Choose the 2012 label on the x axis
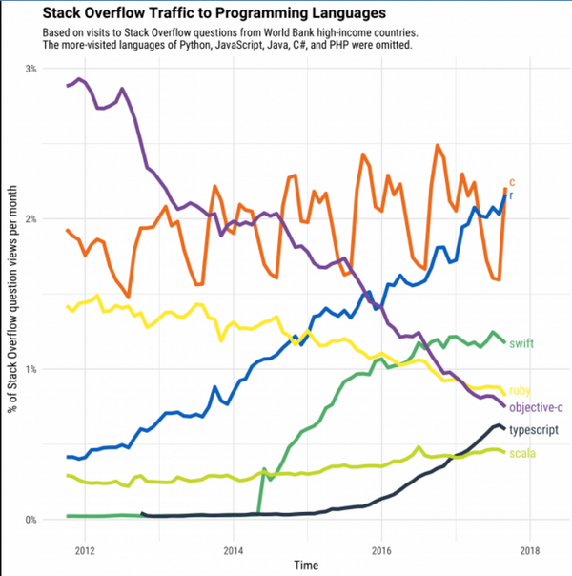pos(84,551)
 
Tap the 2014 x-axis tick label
pos(233,551)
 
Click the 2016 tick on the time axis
pos(381,551)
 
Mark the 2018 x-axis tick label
pos(529,551)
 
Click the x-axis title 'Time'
pos(307,566)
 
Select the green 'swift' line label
pos(521,343)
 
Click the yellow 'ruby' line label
pos(521,390)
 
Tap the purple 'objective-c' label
pos(536,408)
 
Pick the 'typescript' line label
pos(534,431)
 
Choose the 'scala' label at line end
pos(521,452)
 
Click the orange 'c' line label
pos(512,180)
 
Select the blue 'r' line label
pos(511,195)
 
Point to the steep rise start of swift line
pos(259,514)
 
